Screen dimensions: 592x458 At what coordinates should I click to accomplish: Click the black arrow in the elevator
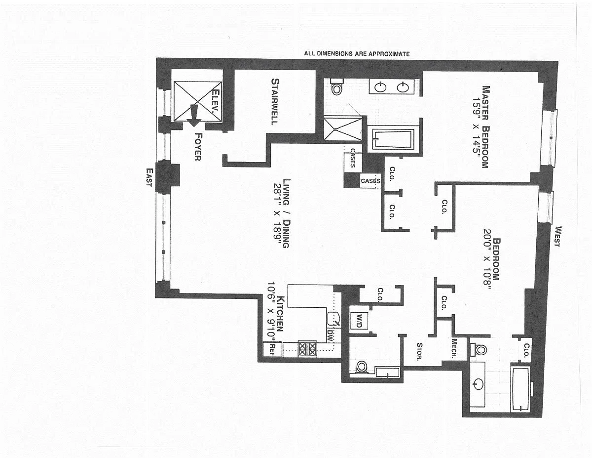[x=194, y=116]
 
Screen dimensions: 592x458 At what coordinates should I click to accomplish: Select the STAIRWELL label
[x=275, y=102]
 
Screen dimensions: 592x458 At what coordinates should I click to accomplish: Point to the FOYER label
[x=198, y=146]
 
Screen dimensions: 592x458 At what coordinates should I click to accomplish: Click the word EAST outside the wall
[x=149, y=177]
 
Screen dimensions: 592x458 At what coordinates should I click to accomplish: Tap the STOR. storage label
[x=419, y=352]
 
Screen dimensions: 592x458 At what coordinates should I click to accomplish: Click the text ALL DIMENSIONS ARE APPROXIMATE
[x=357, y=54]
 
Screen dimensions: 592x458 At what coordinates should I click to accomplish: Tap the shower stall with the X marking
[x=343, y=129]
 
